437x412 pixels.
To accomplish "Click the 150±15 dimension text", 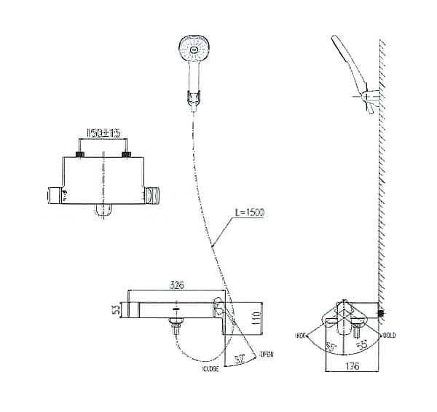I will point(103,134).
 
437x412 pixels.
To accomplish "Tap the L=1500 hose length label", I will point(249,213).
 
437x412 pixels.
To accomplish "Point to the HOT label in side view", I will point(301,336).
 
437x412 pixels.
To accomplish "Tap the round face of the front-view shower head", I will point(194,52).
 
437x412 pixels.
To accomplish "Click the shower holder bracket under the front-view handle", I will point(193,98).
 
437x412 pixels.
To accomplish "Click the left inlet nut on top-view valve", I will point(81,154).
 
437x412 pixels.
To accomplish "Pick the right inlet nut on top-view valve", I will point(127,154).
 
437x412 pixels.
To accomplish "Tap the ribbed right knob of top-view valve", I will point(152,194).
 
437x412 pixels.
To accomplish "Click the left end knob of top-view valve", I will point(55,194).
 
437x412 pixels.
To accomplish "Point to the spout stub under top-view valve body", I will point(103,211).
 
